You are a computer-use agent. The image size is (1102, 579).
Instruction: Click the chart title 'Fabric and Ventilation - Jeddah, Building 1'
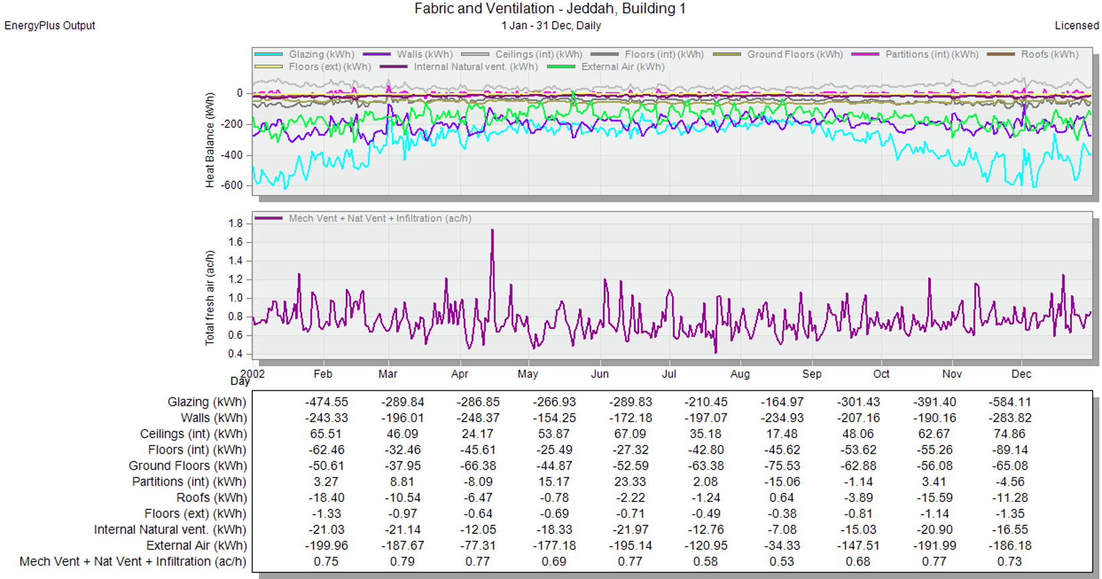tap(550, 8)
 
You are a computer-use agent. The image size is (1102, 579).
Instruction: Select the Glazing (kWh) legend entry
tap(305, 54)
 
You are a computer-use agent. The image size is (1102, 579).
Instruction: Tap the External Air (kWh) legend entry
tap(606, 67)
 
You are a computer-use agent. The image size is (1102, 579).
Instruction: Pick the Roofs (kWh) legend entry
tap(1033, 54)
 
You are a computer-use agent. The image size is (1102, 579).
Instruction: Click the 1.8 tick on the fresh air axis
tap(235, 223)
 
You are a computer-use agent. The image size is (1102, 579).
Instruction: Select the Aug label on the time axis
tap(740, 374)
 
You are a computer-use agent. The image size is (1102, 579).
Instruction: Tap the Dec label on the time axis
tap(1022, 374)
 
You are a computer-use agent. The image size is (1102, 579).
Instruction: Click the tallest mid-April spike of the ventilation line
tap(492, 229)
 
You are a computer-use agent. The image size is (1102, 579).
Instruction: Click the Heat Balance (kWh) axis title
tap(210, 140)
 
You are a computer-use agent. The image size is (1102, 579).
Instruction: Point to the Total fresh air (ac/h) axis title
tap(210, 298)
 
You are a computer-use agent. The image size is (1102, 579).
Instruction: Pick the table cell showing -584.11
tap(1010, 402)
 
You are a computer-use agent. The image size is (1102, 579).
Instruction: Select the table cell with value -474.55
tap(326, 402)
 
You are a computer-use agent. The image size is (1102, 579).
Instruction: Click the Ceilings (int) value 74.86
tap(1010, 434)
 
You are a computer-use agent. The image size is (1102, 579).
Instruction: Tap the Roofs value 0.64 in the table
tap(782, 497)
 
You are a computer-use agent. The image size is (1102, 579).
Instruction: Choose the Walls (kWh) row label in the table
tap(213, 418)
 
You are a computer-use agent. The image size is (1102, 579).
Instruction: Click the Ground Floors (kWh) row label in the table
tap(187, 466)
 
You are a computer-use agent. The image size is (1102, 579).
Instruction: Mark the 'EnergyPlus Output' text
tap(50, 25)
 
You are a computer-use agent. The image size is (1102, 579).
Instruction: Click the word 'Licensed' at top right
tap(1077, 25)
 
